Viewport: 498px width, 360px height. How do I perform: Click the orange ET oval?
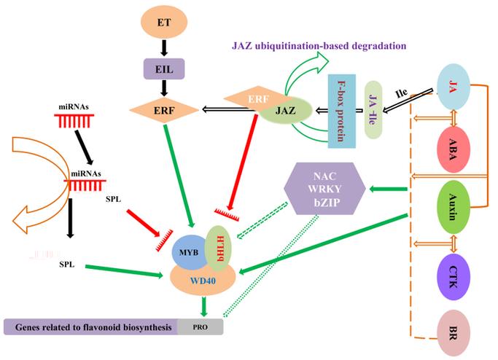pyautogui.click(x=165, y=23)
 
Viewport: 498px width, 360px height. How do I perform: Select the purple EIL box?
pyautogui.click(x=165, y=70)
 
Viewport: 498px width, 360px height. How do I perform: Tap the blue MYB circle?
pyautogui.click(x=187, y=252)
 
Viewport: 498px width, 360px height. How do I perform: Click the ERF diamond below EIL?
pyautogui.click(x=164, y=110)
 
